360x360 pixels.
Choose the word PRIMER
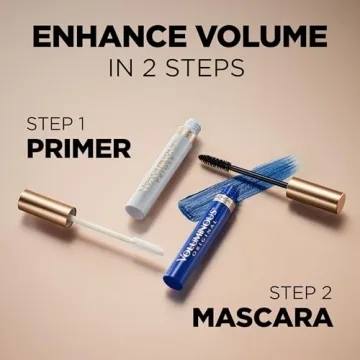coord(79,149)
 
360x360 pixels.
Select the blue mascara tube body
coord(205,265)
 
